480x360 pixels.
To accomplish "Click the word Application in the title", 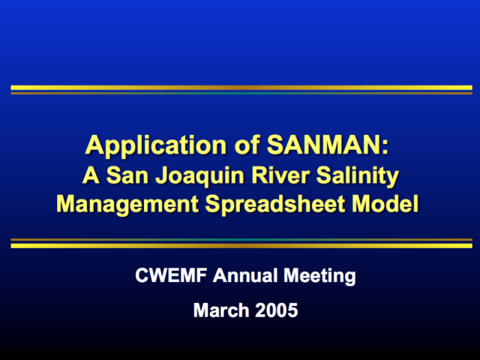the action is (156, 146).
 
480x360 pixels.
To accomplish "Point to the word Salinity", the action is (358, 177).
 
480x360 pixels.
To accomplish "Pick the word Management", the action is (127, 205).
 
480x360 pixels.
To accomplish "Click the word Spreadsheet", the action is (274, 205).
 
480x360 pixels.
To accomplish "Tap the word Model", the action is (385, 203).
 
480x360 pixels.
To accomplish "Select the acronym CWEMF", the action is (171, 275).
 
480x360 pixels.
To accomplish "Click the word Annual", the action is (245, 275).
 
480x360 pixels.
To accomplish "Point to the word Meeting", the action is (319, 276).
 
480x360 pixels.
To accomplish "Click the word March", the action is (221, 310).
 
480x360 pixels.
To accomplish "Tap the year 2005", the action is (277, 310).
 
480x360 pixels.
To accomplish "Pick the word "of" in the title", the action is (247, 145).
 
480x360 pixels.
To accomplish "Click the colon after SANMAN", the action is (385, 148).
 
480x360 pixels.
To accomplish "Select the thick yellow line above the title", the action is (241, 88).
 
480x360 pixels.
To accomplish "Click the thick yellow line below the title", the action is (241, 246).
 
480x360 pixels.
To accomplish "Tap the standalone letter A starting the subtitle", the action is (91, 175).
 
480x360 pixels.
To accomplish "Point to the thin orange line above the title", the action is (241, 93).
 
